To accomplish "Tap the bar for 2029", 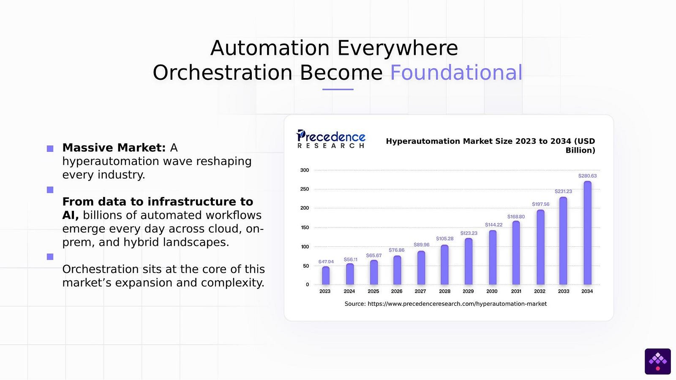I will coord(468,261).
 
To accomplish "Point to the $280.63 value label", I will coord(587,176).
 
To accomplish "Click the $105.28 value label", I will coord(444,239).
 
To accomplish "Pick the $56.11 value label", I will coord(350,260).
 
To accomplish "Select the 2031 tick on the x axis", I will coord(516,291).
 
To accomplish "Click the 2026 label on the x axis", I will coord(397,291).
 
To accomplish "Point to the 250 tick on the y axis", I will coord(305,189).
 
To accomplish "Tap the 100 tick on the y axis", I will coord(305,247).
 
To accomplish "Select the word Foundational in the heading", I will coord(456,73).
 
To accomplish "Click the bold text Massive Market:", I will coord(114,148).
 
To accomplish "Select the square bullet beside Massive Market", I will coord(50,148).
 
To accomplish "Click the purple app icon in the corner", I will coord(657,361).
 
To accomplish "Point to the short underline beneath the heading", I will coord(338,89).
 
